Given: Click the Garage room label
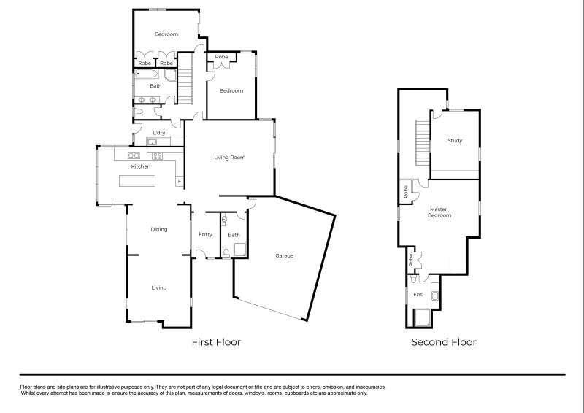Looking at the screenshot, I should coord(284,256).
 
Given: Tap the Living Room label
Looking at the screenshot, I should coord(229,158).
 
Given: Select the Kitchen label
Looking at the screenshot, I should coord(141,166).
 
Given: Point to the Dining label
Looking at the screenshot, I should coord(159,229).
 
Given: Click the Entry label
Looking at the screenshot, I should coord(205,234).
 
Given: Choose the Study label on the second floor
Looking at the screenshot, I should coord(455,141).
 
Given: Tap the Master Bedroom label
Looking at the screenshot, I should coord(439,212).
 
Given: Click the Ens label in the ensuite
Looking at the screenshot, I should coord(418,295).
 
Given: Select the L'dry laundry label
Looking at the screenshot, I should coord(158,132).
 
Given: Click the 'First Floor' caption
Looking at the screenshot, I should coord(216,342).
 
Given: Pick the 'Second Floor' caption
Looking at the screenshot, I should coord(444,342).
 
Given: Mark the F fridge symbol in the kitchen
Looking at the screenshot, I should coord(179,181).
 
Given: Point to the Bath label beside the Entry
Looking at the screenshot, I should coord(234,235).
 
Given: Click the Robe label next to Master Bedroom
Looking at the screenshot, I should coord(405,192).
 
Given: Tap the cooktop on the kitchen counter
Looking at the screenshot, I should coord(157,155).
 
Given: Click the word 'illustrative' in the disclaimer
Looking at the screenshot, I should coord(110,387).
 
